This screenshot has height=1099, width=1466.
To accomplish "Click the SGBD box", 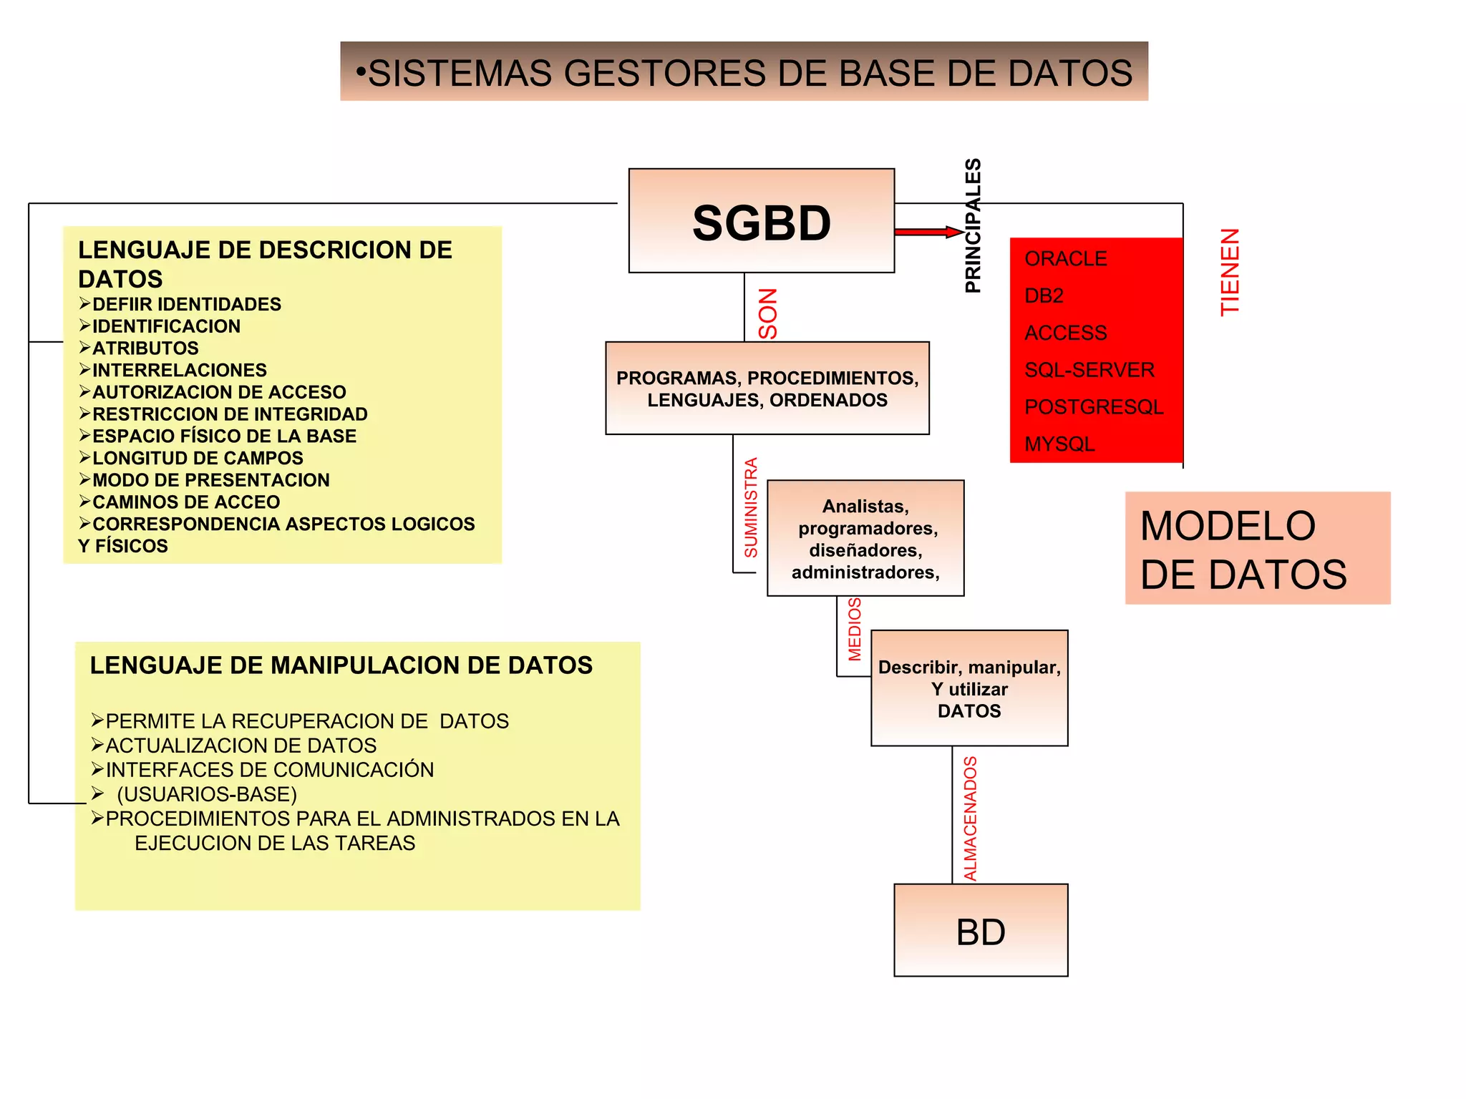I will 761,221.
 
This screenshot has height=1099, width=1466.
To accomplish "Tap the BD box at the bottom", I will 981,931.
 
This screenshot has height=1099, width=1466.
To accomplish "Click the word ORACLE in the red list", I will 1065,258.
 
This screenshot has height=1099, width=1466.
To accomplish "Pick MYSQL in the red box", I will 1059,444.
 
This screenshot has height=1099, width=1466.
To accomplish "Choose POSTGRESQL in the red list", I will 1093,407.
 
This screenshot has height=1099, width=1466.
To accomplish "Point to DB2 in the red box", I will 1044,295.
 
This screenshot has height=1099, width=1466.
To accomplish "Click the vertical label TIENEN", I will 1230,272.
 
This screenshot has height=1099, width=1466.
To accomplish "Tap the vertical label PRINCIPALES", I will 973,226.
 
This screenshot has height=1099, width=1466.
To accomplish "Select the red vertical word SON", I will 768,313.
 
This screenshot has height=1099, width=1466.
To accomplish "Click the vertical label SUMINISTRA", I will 750,507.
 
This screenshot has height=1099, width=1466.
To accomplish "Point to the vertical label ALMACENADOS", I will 970,818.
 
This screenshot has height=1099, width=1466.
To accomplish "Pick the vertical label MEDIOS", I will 855,630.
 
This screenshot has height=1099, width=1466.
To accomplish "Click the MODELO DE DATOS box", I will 1257,549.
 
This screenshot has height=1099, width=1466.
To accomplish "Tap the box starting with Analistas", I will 865,539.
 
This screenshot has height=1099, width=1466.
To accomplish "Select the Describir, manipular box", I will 969,688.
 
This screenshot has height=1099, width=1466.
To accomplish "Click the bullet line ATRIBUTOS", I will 145,348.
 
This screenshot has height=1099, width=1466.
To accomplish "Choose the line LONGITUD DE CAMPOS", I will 198,458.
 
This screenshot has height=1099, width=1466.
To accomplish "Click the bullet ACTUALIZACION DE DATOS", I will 241,746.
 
